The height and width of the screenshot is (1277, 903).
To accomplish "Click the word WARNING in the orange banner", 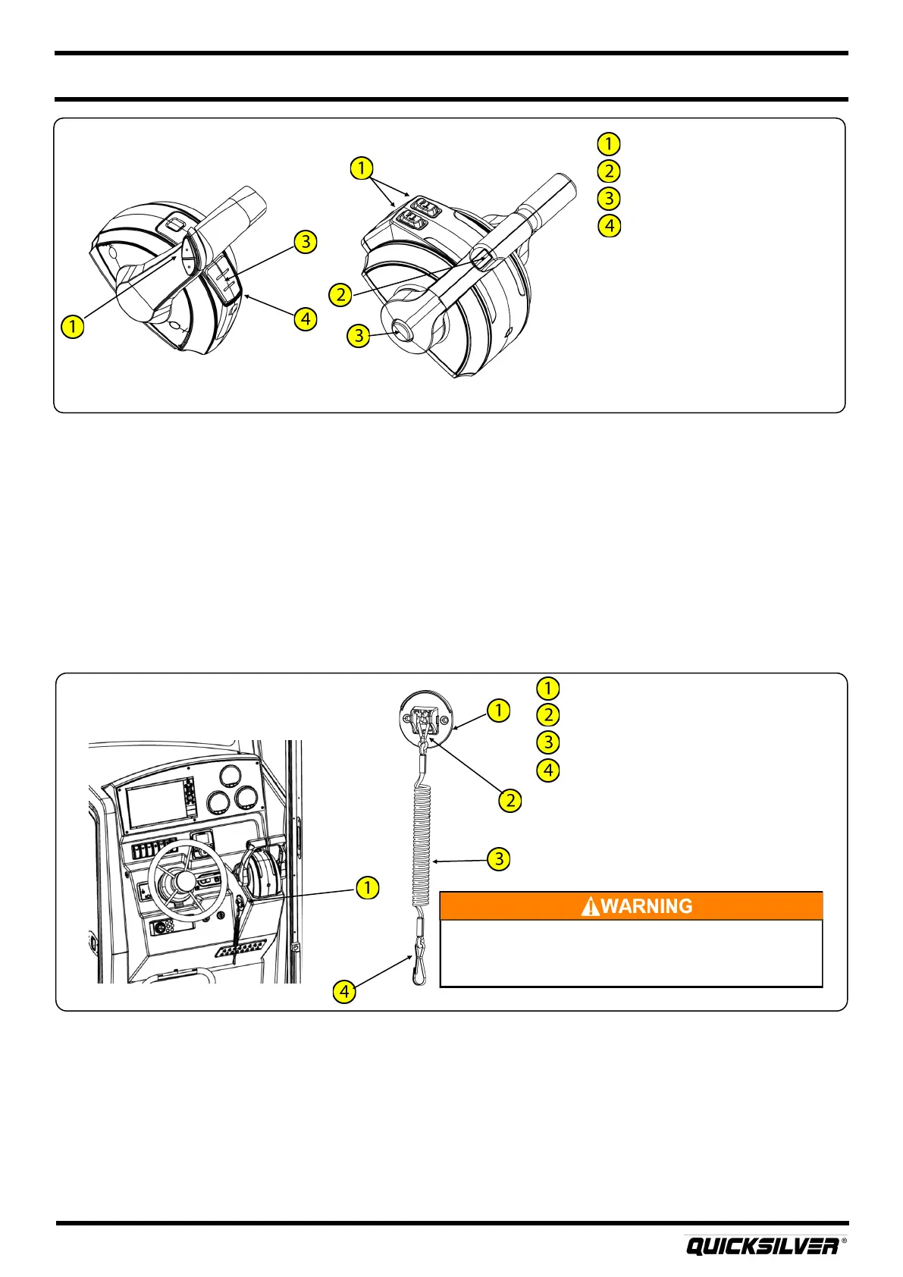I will point(646,905).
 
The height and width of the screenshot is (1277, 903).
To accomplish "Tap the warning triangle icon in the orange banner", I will point(589,906).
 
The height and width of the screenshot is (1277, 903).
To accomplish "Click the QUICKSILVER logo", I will point(762,1246).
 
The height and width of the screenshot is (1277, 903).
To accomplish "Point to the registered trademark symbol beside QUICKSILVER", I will point(844,1242).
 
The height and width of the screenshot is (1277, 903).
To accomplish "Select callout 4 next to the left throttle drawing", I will point(305,318).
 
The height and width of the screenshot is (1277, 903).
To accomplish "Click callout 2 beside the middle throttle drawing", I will point(341,294).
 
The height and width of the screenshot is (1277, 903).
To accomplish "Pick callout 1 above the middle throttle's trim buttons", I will point(362,168).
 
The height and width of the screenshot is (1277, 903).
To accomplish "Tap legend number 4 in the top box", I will point(608,225).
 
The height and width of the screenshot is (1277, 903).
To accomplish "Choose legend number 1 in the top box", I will point(608,143).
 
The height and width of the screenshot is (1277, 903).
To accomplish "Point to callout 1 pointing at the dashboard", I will point(368,886).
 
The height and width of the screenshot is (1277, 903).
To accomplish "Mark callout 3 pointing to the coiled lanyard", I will point(498,859).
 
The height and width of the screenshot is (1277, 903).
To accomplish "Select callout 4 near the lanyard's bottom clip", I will point(344,990).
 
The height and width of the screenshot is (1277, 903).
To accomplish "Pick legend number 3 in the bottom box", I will point(547,742).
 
